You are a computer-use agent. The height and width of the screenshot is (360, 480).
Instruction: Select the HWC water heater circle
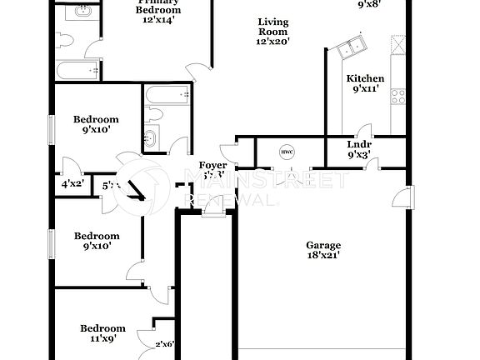pyautogui.click(x=287, y=152)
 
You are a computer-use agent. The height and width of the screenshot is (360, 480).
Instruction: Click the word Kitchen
pyautogui.click(x=365, y=79)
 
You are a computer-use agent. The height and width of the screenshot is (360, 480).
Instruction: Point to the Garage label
pyautogui.click(x=323, y=245)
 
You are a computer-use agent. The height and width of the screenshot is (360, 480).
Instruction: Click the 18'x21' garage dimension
pyautogui.click(x=323, y=256)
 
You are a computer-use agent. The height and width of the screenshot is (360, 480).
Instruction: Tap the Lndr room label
pyautogui.click(x=359, y=144)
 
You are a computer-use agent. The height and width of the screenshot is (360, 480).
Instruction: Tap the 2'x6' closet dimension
pyautogui.click(x=165, y=343)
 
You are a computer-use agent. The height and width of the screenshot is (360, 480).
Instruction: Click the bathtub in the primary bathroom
pyautogui.click(x=77, y=71)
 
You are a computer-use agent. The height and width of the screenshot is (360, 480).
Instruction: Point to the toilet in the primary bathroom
pyautogui.click(x=67, y=38)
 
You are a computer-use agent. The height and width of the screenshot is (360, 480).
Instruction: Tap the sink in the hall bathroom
pyautogui.click(x=151, y=138)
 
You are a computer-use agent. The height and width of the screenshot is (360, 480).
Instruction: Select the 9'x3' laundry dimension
pyautogui.click(x=359, y=155)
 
